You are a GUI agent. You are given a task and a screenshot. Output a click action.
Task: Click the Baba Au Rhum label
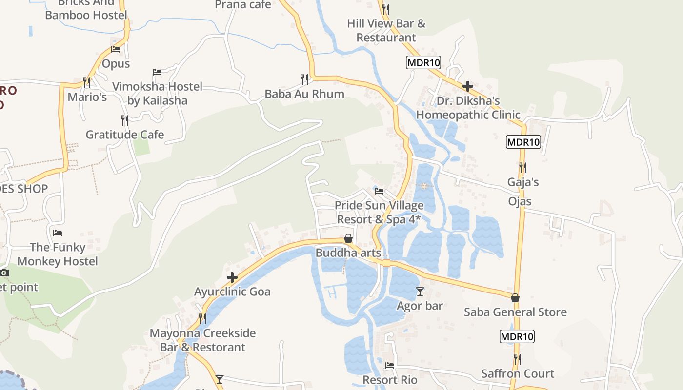click(x=304, y=94)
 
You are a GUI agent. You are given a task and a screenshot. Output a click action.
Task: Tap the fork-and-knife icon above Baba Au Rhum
click(x=304, y=78)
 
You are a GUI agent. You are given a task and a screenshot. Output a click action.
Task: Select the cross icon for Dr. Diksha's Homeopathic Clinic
click(x=468, y=86)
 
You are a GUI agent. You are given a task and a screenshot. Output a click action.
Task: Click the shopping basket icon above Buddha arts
click(x=348, y=238)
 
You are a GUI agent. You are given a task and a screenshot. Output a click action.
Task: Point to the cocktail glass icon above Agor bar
click(x=420, y=292)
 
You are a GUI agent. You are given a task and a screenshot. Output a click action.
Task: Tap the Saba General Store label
click(x=515, y=312)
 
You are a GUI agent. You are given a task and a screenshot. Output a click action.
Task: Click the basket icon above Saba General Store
click(x=515, y=298)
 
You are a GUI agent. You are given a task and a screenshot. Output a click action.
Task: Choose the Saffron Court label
click(x=518, y=373)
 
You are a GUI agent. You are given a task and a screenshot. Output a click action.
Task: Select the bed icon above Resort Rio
click(x=389, y=365)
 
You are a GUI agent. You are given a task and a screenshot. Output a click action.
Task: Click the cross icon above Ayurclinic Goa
click(x=232, y=277)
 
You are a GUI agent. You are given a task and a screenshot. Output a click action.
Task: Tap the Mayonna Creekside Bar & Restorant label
click(x=202, y=340)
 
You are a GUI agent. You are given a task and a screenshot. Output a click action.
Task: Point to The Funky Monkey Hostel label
click(x=58, y=254)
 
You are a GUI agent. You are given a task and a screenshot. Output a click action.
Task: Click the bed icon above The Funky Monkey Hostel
click(x=58, y=233)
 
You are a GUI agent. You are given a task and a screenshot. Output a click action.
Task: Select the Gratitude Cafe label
click(x=125, y=135)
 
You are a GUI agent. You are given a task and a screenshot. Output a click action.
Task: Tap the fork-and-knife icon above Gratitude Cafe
click(x=125, y=119)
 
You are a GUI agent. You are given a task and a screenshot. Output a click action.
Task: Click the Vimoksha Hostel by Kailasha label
click(x=157, y=93)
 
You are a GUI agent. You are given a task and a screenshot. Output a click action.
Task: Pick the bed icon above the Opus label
click(x=116, y=49)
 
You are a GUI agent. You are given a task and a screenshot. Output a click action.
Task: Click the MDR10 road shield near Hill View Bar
click(x=423, y=62)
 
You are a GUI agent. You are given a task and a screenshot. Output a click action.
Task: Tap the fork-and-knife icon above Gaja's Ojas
click(x=522, y=167)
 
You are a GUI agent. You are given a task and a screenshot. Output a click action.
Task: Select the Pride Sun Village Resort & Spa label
click(x=379, y=213)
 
